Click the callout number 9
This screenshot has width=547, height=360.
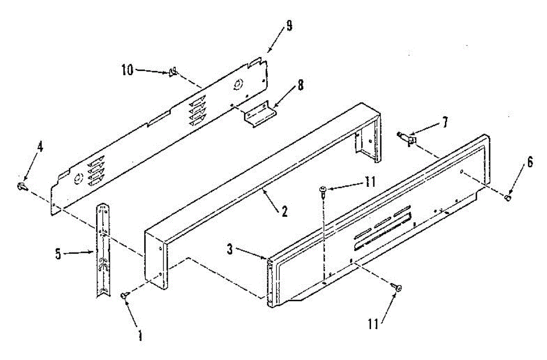(289, 26)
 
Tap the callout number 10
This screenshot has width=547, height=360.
(128, 70)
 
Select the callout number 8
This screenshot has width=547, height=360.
(300, 85)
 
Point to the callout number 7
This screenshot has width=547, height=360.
(445, 122)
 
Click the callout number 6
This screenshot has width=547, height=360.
(530, 163)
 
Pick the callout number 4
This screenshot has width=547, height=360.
(40, 147)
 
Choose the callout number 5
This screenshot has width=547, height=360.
(58, 254)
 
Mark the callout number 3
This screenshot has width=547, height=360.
(230, 250)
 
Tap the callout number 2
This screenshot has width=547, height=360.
(284, 211)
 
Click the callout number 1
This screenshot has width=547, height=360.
(140, 335)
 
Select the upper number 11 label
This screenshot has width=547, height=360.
(370, 182)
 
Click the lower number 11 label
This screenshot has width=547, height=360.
(373, 324)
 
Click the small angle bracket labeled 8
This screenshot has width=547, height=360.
(260, 114)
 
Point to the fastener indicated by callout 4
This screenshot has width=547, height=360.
(22, 187)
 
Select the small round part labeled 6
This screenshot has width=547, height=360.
(508, 198)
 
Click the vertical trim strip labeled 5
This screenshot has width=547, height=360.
(103, 250)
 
